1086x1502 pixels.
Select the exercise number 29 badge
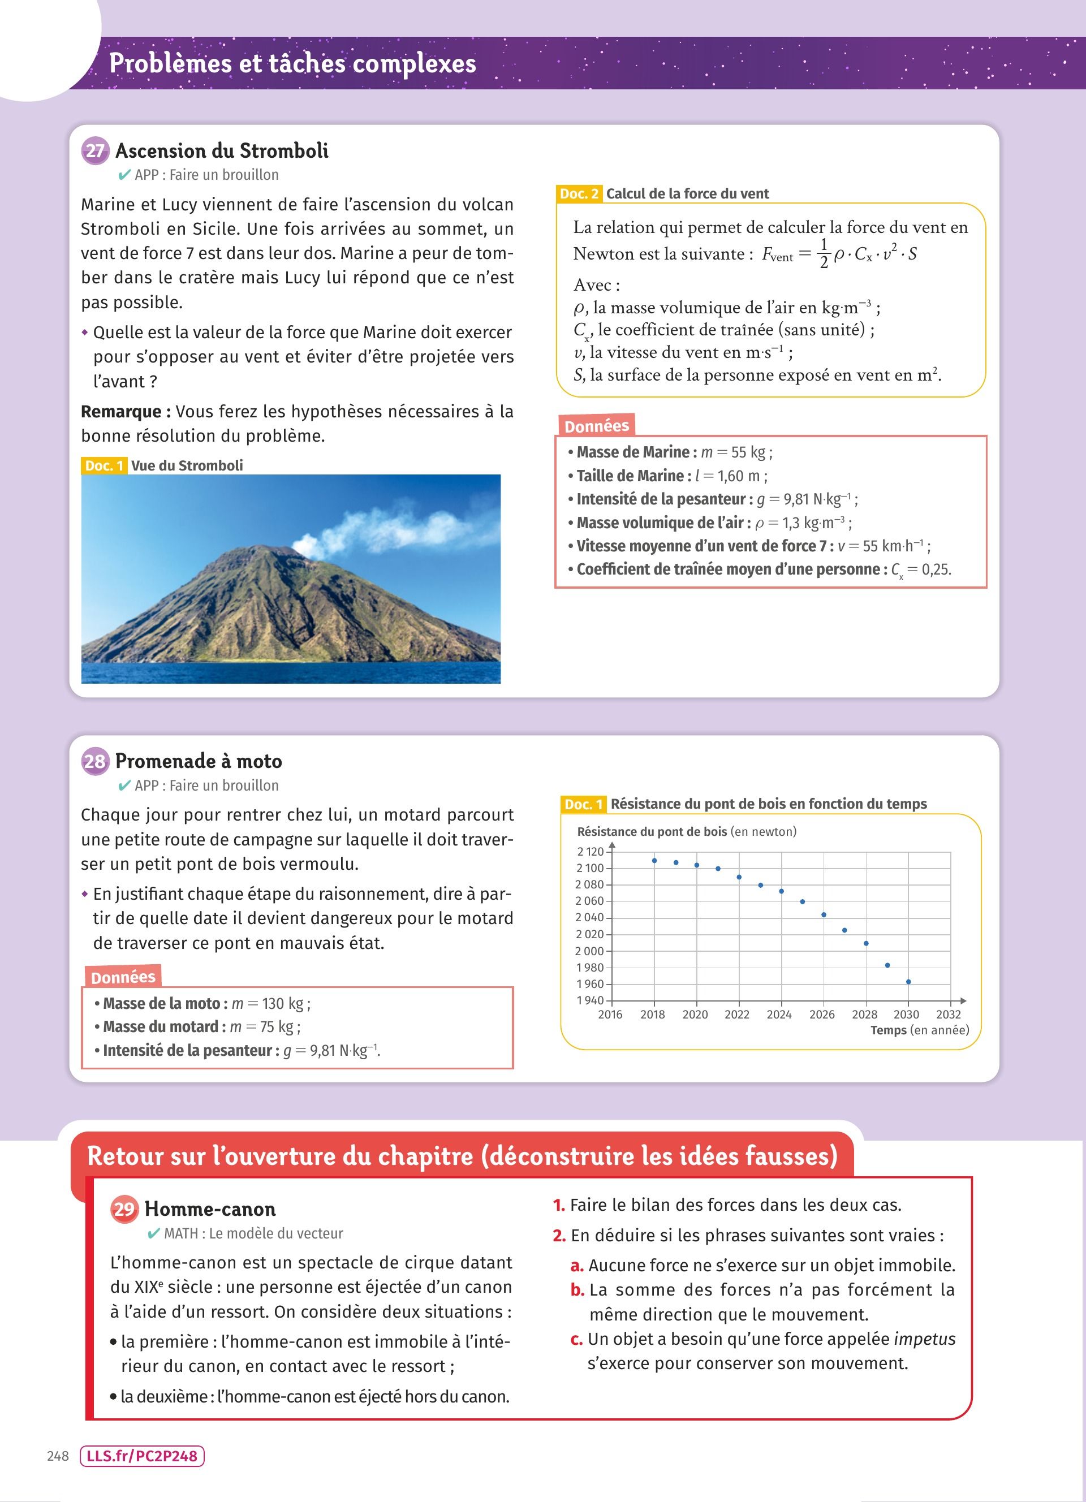(x=124, y=1208)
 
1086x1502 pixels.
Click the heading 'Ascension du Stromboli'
(x=222, y=151)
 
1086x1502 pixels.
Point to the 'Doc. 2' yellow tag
(x=579, y=193)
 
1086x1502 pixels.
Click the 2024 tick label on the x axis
(x=779, y=1015)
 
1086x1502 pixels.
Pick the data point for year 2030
(x=908, y=982)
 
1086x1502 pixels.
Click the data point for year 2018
(x=654, y=861)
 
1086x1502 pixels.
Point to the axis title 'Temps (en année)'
(x=919, y=1030)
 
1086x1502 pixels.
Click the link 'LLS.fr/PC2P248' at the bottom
(x=142, y=1456)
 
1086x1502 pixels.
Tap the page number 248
(x=58, y=1456)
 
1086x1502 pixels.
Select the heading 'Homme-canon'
(x=210, y=1209)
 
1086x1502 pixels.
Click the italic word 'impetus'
(x=924, y=1339)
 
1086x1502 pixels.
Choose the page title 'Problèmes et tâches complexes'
(x=292, y=63)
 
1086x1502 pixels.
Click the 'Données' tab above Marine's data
(x=597, y=426)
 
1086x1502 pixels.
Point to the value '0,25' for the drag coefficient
(x=936, y=569)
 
